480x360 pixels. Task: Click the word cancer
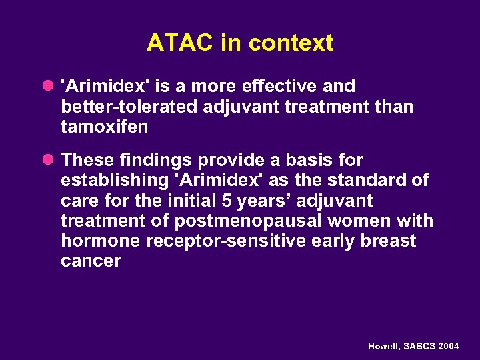click(x=91, y=261)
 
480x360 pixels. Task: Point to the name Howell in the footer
click(x=384, y=347)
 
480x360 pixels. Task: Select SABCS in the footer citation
click(x=418, y=347)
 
